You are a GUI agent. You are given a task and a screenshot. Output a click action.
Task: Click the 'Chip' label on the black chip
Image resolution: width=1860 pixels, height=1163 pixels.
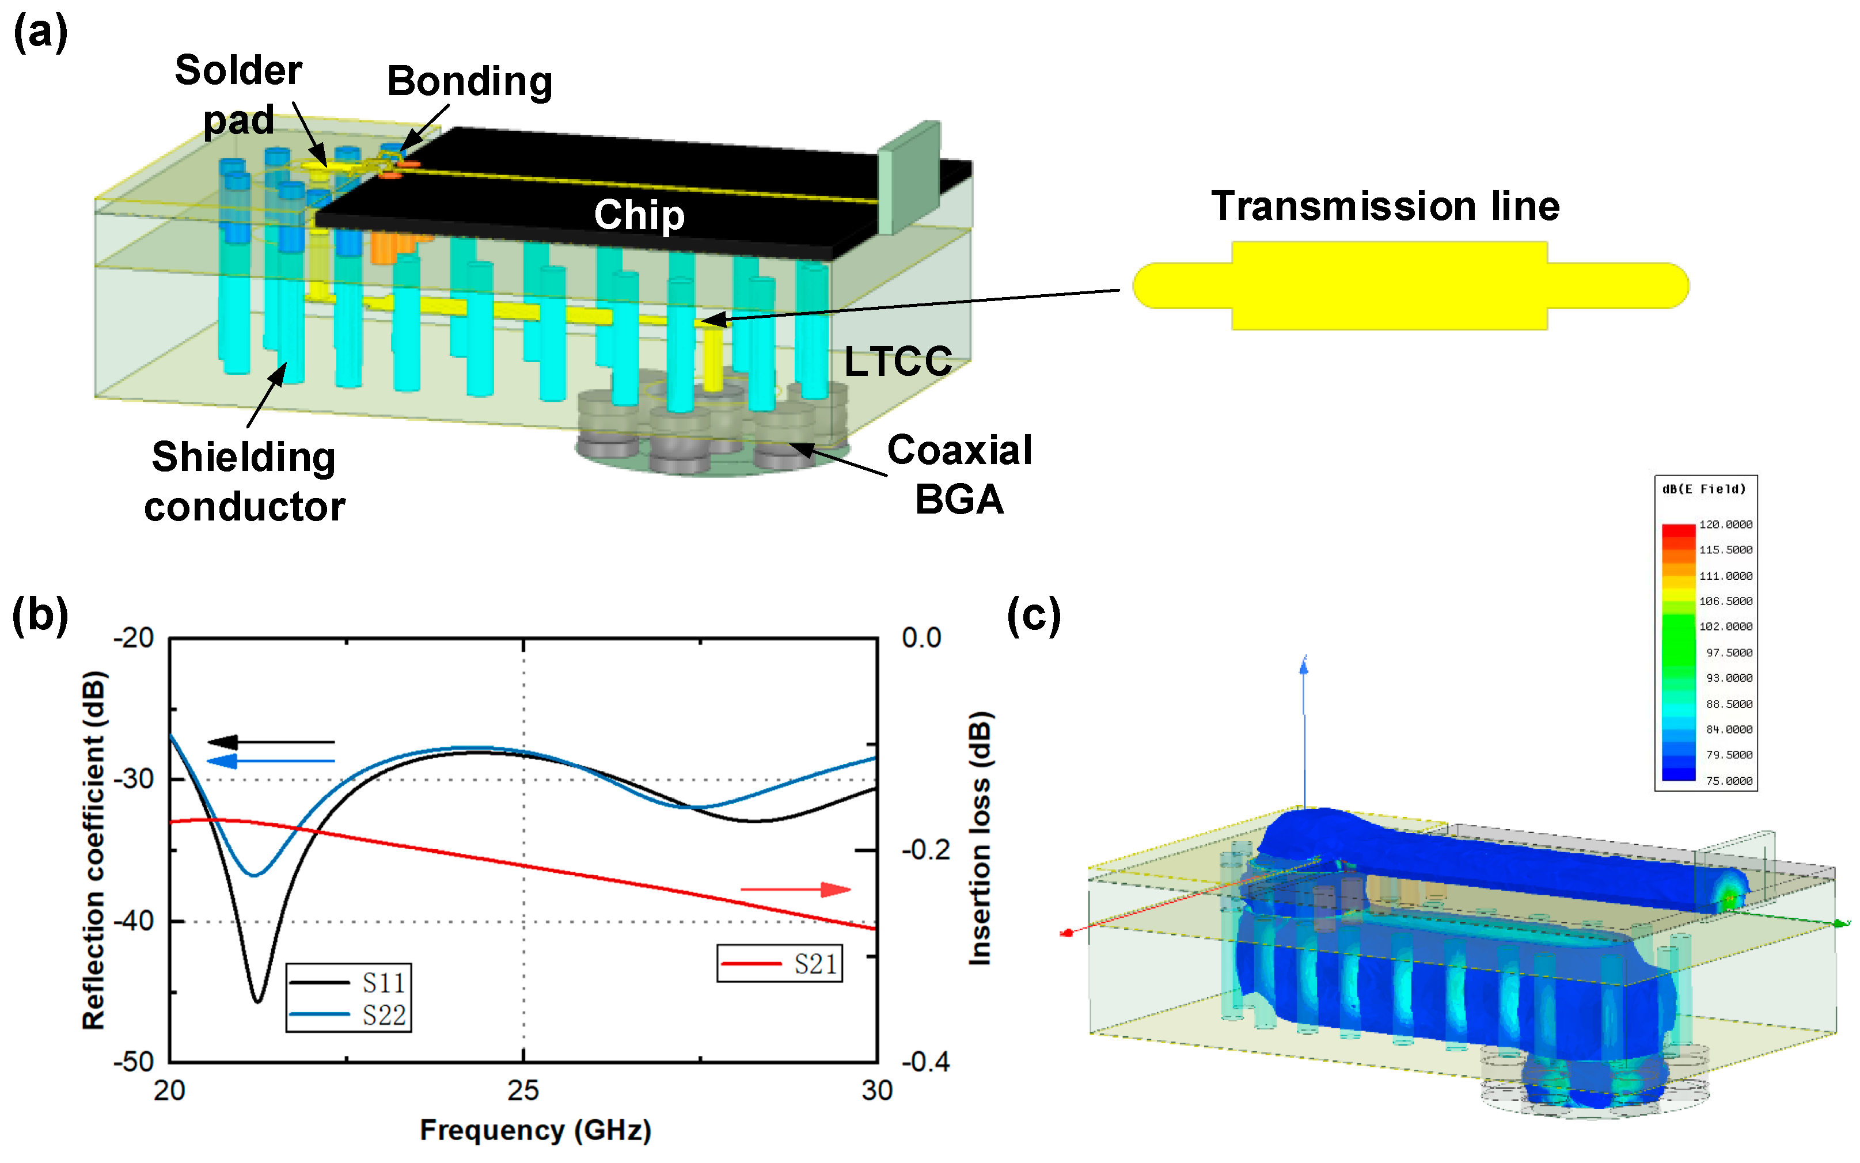click(x=639, y=215)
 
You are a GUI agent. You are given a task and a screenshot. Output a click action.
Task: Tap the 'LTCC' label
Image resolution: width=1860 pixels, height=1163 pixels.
click(x=897, y=361)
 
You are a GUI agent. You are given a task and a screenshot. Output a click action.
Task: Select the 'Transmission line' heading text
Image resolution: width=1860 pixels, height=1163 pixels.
click(x=1384, y=206)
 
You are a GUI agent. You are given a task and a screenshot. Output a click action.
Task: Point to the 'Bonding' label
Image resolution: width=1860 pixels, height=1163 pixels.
click(x=469, y=82)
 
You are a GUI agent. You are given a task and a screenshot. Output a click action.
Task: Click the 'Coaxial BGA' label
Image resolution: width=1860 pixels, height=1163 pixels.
click(x=959, y=474)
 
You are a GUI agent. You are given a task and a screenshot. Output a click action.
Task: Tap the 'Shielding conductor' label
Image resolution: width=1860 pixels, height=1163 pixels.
click(x=244, y=481)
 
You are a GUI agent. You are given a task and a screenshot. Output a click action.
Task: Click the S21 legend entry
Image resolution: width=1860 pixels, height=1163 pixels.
click(x=779, y=963)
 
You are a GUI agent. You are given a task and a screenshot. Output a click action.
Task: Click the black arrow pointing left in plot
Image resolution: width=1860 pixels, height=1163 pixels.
click(x=271, y=742)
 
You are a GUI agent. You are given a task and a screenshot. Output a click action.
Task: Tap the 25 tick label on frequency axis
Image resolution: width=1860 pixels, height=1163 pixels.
click(x=523, y=1090)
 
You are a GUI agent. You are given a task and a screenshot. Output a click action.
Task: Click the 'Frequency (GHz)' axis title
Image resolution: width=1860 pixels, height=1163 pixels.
click(x=536, y=1130)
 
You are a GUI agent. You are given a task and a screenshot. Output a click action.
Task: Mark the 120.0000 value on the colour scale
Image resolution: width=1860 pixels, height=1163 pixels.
click(x=1725, y=525)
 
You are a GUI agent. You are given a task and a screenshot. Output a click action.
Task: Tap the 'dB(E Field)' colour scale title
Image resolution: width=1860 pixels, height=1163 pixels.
click(x=1704, y=489)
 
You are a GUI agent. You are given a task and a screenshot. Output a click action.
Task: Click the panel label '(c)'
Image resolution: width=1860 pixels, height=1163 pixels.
click(x=1033, y=616)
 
